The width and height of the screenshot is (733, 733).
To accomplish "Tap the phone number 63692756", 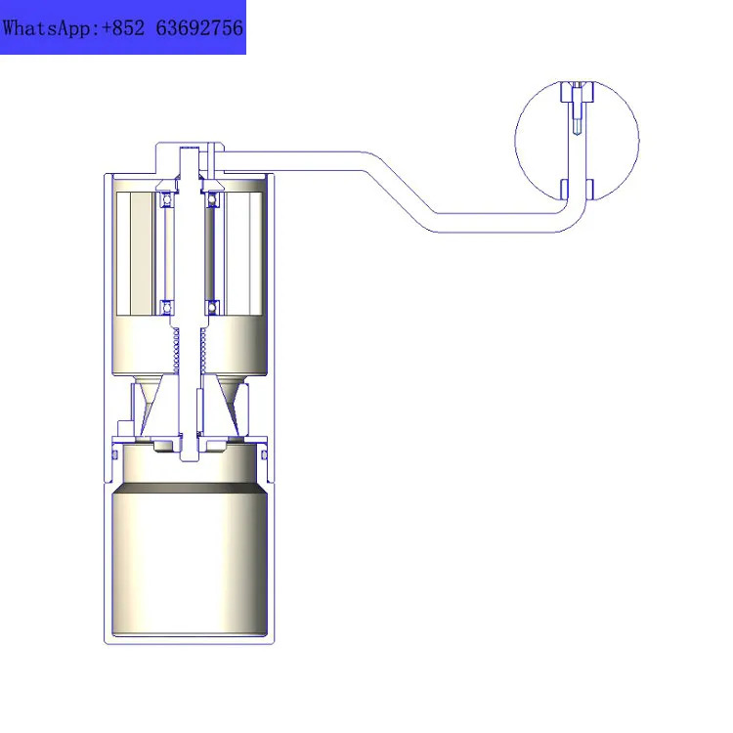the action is pyautogui.click(x=199, y=28).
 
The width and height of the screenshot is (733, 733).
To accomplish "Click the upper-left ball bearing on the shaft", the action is pyautogui.click(x=167, y=199).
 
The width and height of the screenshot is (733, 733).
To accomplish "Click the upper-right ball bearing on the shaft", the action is pyautogui.click(x=212, y=199).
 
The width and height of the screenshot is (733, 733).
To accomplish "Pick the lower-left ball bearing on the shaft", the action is pyautogui.click(x=167, y=308).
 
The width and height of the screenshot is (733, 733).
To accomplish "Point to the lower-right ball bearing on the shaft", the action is pyautogui.click(x=212, y=308).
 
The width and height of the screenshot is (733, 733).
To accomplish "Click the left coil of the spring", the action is pyautogui.click(x=176, y=350).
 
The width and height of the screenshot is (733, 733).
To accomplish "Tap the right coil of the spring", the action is pyautogui.click(x=203, y=350).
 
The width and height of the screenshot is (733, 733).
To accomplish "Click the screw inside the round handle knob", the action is pyautogui.click(x=578, y=108).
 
